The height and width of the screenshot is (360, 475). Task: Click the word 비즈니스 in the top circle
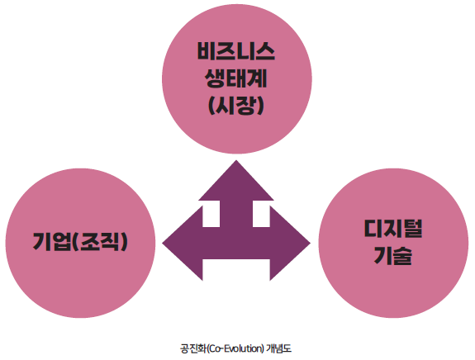[x=236, y=51]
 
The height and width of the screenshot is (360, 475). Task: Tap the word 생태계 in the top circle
[x=236, y=78]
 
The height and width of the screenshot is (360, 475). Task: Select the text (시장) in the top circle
[x=236, y=106]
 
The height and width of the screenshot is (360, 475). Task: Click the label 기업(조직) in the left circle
[x=80, y=242]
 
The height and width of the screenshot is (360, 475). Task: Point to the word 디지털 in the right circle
[x=393, y=229]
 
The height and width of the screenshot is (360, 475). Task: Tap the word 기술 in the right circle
[x=393, y=255]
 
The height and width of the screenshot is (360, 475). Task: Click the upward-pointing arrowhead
[x=236, y=181]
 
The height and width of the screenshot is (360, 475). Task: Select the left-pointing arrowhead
[x=183, y=243]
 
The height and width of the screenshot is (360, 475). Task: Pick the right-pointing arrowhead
[x=290, y=243]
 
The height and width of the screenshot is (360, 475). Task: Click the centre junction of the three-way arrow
[x=236, y=243]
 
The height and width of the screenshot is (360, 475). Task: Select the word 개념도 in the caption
[x=278, y=348]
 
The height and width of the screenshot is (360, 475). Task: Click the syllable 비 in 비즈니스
[x=207, y=51]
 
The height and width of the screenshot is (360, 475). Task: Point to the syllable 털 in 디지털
[x=413, y=229]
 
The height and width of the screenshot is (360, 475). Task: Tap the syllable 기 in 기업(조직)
[x=42, y=242]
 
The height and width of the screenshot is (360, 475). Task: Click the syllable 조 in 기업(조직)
[x=89, y=242]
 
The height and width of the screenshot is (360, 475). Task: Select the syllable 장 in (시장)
[x=245, y=106]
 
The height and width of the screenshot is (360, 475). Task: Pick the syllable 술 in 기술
[x=403, y=255]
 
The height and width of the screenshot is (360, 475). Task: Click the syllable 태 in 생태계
[x=236, y=78]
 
